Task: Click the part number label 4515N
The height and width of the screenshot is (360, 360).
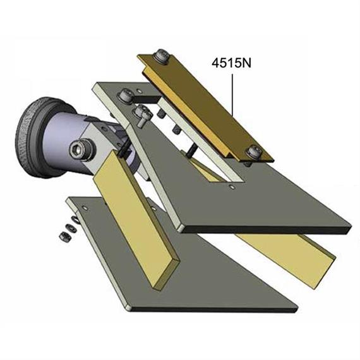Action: [x=234, y=64]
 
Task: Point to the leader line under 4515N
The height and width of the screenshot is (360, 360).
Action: [x=234, y=95]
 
